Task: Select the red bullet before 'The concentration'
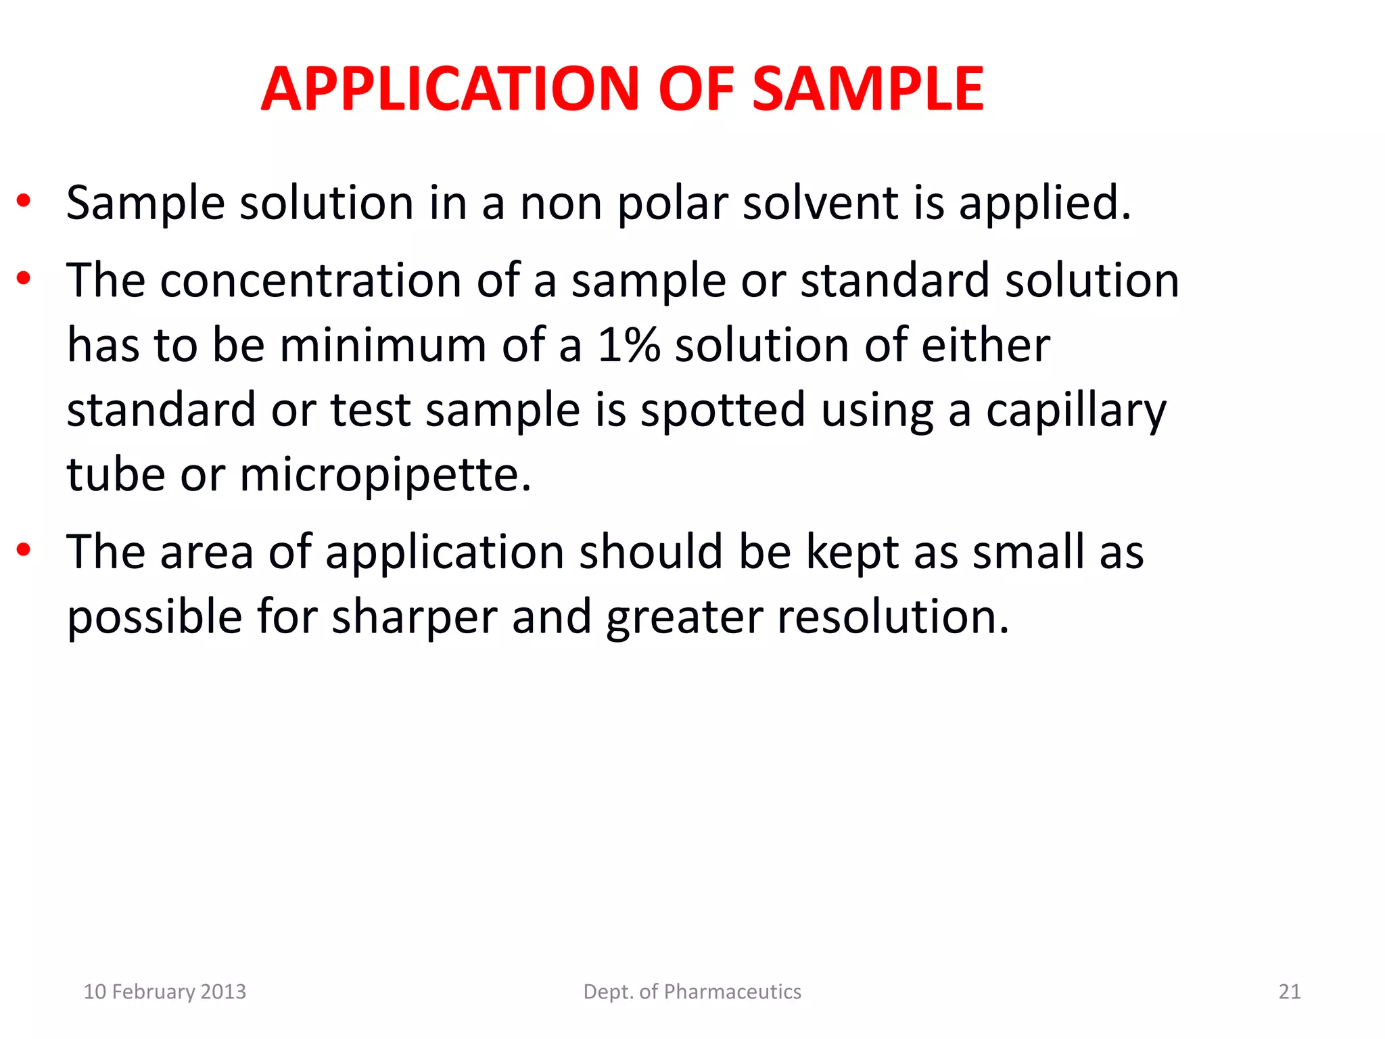coord(24,278)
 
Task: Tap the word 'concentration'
coord(310,280)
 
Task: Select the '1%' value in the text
coord(628,345)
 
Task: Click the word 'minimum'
coord(383,345)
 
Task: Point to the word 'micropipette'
coord(385,476)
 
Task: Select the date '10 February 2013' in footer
coord(164,992)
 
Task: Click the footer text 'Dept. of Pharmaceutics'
coord(692,992)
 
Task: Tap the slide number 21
coord(1289,992)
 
